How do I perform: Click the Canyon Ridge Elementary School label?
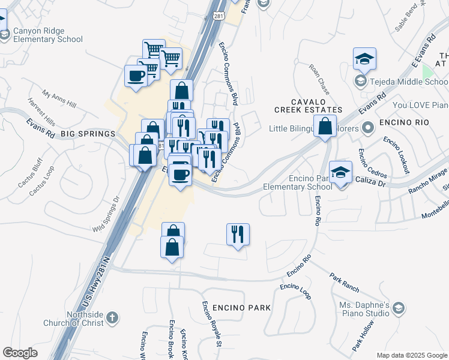[x=47, y=35]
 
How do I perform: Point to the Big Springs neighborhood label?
[x=87, y=133]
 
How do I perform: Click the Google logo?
[x=20, y=353]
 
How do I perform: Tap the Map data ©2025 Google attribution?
[x=411, y=355]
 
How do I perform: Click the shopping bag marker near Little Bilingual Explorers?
[x=325, y=127]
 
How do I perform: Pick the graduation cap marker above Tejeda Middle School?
[x=364, y=59]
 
